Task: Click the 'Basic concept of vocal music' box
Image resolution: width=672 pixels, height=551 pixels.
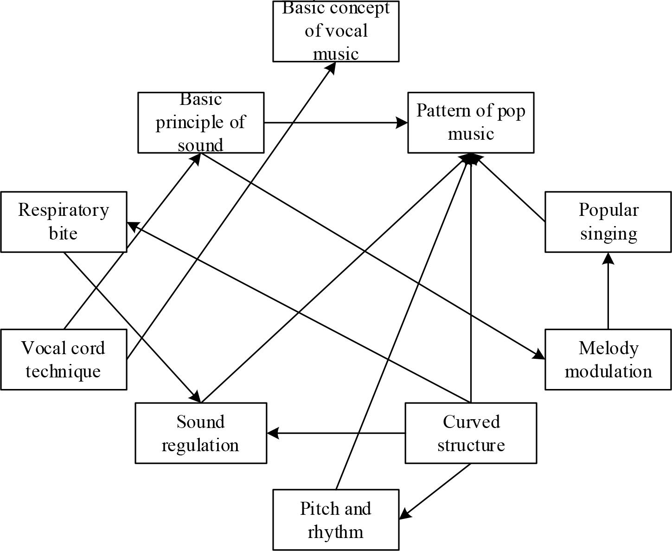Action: [x=336, y=31]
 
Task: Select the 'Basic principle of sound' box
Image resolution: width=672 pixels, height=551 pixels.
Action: [x=201, y=123]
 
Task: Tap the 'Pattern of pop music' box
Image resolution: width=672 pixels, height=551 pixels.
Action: [x=471, y=123]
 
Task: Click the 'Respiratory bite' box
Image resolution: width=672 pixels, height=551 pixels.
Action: [x=64, y=222]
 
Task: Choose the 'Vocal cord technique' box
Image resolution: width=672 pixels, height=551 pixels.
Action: [x=64, y=360]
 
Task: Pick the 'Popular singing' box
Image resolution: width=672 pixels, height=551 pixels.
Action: [x=608, y=222]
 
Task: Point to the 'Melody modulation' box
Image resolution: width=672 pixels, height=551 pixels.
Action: [x=608, y=360]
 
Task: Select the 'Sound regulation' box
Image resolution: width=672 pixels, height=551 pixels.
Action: [x=201, y=433]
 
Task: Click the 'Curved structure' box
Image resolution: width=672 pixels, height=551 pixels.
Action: [x=471, y=433]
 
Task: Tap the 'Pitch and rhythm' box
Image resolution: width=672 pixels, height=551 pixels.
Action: [x=336, y=520]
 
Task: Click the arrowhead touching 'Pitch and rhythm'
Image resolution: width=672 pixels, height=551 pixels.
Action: [x=404, y=514]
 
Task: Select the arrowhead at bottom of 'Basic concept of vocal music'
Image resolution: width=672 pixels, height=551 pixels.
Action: [x=332, y=66]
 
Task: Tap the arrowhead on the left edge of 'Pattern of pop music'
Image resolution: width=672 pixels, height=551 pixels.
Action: [x=403, y=123]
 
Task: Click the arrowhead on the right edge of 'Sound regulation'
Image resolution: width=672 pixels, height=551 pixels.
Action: [x=272, y=433]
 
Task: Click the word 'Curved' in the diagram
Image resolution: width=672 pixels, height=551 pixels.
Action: [x=471, y=422]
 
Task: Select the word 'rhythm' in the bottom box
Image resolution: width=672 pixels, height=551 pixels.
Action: [x=335, y=532]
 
